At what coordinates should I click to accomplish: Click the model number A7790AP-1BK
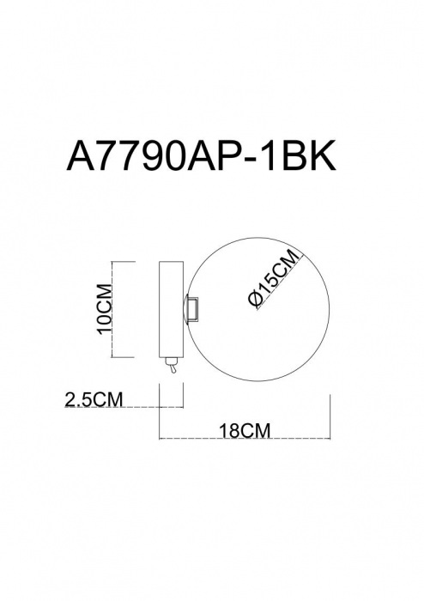click(201, 155)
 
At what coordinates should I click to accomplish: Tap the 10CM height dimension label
click(105, 309)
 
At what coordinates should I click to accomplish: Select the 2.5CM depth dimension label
click(94, 399)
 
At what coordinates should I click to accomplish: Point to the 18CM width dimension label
click(245, 430)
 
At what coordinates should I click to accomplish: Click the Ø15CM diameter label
click(273, 278)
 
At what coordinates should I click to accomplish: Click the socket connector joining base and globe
click(192, 307)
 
